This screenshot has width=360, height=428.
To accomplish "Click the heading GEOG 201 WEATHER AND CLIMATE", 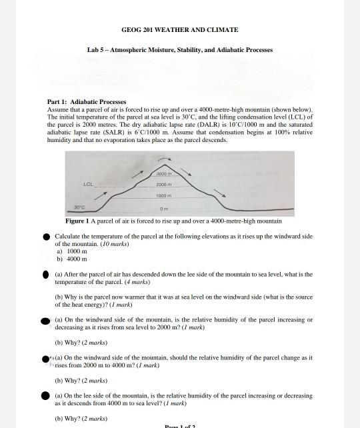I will [179, 30].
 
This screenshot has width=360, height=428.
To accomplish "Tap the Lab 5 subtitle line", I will [179, 50].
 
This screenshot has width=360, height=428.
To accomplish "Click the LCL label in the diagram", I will [88, 183].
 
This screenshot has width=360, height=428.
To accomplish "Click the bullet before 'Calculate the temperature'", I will [46, 237].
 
